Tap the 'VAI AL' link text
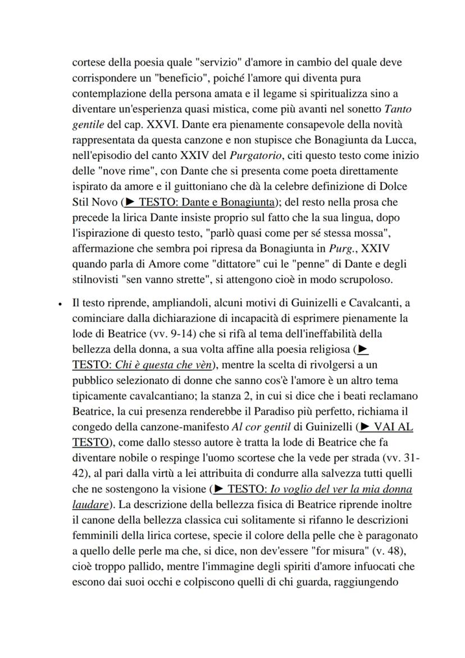point(393,426)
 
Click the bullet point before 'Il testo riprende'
point(60,304)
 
